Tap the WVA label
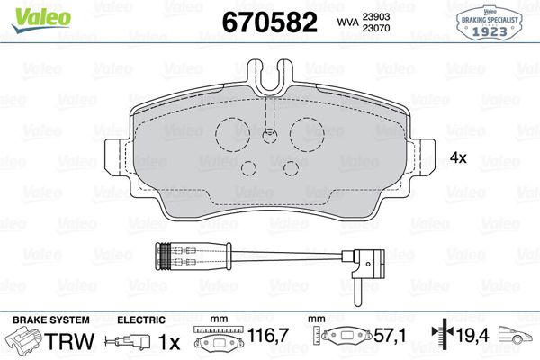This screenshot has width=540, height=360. [x=346, y=22]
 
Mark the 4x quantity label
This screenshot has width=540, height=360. [x=457, y=157]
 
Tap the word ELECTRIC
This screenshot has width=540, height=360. [x=140, y=319]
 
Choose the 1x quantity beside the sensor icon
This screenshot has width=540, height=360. [x=168, y=343]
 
